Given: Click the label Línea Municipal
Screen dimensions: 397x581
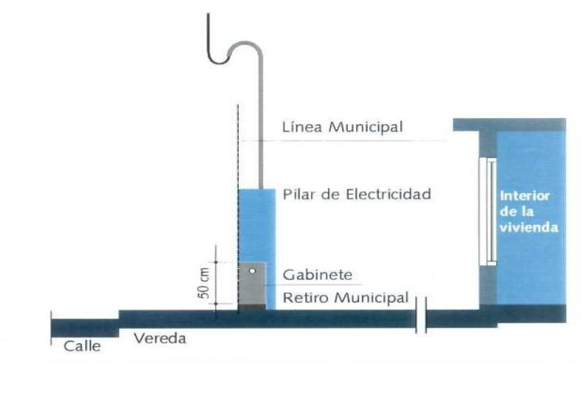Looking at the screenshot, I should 342,127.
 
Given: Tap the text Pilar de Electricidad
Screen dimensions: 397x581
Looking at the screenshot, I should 357,195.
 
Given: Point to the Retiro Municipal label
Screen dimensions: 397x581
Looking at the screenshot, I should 346,297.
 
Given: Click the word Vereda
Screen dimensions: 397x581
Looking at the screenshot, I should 160,339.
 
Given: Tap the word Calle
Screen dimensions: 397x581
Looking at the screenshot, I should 82,345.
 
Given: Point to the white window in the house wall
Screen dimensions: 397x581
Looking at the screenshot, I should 487,212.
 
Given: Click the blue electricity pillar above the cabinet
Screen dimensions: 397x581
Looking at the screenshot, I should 256,224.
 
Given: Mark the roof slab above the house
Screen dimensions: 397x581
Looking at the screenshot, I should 509,124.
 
